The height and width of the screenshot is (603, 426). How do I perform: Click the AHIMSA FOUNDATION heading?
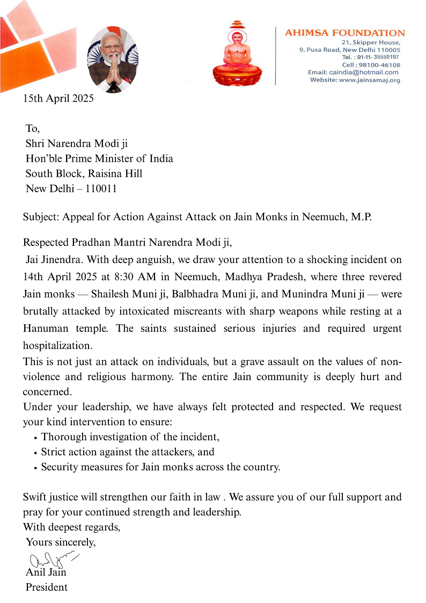coord(344,33)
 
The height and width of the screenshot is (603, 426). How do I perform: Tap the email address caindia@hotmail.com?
coord(364,72)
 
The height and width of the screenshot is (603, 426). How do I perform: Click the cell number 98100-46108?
coord(378,65)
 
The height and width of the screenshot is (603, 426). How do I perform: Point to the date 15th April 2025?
coord(58,98)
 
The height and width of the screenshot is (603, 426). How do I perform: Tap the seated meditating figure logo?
coord(237,54)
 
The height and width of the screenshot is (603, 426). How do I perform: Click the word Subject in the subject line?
coord(41,217)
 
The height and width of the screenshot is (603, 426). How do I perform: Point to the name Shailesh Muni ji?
coord(122,294)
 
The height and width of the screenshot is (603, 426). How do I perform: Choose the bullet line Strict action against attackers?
coord(128,452)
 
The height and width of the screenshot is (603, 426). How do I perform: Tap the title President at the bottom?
coord(47,587)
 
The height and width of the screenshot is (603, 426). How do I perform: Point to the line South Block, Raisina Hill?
coord(84,173)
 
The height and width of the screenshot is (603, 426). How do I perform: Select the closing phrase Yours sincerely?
coord(61,542)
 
